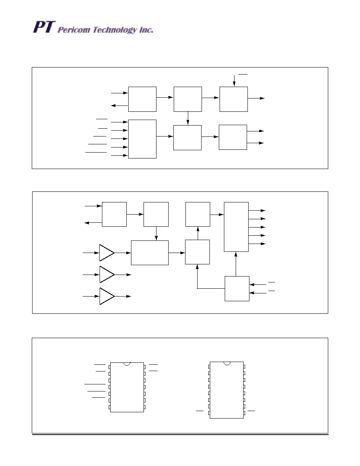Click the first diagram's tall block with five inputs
click(x=142, y=139)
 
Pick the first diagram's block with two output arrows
click(x=233, y=137)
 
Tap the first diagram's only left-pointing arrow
click(x=119, y=106)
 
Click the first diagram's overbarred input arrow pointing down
click(x=234, y=80)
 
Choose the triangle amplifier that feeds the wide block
click(x=106, y=253)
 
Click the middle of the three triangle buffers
click(x=106, y=275)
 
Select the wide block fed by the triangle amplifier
click(x=149, y=253)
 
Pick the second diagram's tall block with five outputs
click(x=236, y=227)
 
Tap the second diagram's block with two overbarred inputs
click(x=237, y=288)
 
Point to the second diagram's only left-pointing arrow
click(x=93, y=223)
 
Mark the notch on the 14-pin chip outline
click(x=127, y=364)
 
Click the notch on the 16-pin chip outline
click(x=227, y=363)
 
